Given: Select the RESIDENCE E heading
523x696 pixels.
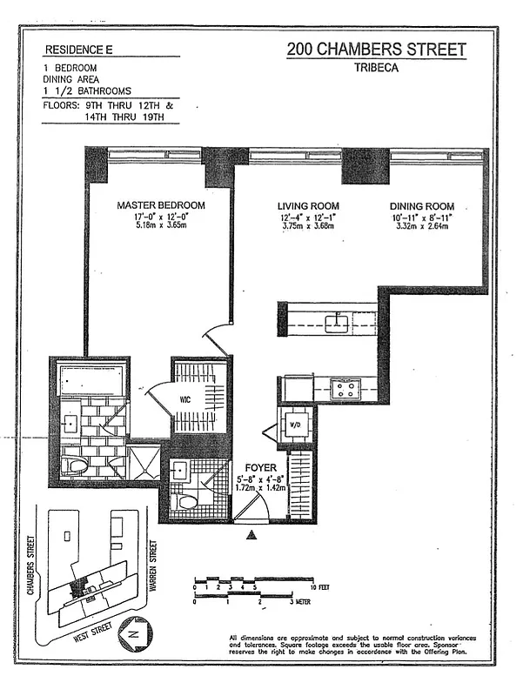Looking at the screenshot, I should pyautogui.click(x=77, y=50).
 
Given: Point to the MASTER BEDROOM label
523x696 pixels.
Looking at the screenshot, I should pyautogui.click(x=161, y=205).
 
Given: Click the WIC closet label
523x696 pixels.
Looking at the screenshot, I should pyautogui.click(x=186, y=399).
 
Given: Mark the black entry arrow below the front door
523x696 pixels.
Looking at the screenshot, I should pyautogui.click(x=252, y=536).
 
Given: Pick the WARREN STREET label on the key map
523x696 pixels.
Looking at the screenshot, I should pyautogui.click(x=153, y=566).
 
